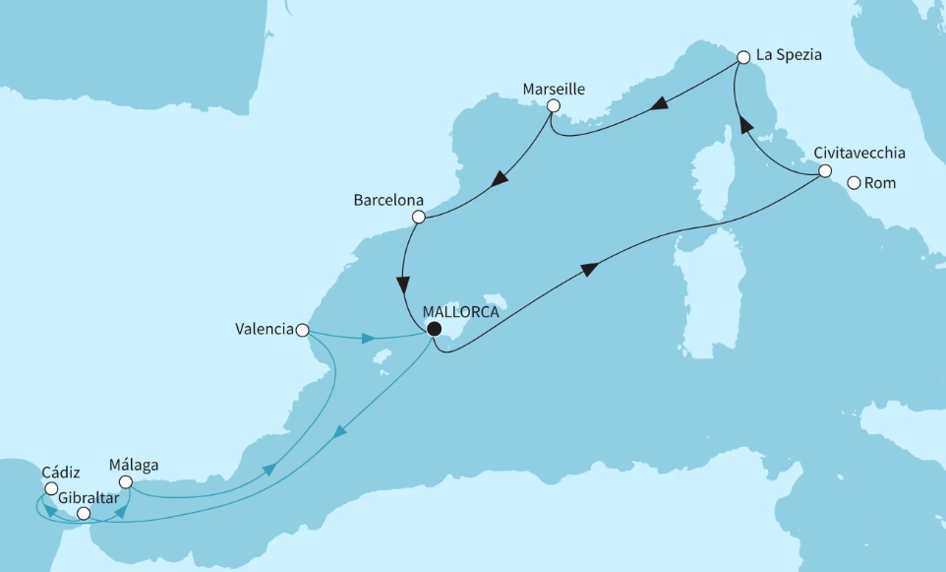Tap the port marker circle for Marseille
pyautogui.click(x=554, y=106)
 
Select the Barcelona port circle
pyautogui.click(x=418, y=217)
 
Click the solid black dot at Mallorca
pyautogui.click(x=433, y=330)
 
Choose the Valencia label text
pyautogui.click(x=264, y=330)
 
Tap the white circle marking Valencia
pyautogui.click(x=304, y=330)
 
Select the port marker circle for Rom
pyautogui.click(x=854, y=182)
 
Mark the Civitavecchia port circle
pyautogui.click(x=825, y=173)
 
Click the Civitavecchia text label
pyautogui.click(x=858, y=153)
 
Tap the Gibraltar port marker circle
pyautogui.click(x=84, y=514)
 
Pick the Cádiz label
pyautogui.click(x=61, y=471)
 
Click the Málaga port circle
pyautogui.click(x=125, y=481)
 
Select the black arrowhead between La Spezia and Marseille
pyautogui.click(x=659, y=102)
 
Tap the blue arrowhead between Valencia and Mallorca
pyautogui.click(x=369, y=339)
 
